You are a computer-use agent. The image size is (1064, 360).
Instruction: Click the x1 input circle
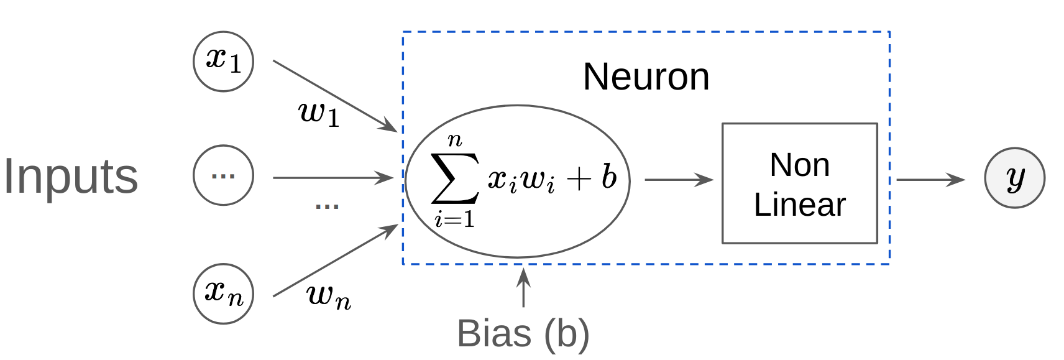tap(223, 62)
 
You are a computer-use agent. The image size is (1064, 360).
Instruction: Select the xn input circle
tap(223, 293)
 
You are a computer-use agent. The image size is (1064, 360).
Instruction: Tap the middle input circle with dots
tap(223, 175)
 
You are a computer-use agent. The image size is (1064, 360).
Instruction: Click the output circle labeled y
tap(1014, 178)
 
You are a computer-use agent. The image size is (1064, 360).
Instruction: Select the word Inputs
tap(70, 177)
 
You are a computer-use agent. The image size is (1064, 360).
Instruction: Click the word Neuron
tap(646, 77)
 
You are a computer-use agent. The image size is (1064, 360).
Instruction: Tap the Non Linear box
tap(799, 183)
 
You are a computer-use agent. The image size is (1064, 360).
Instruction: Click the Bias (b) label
tap(523, 333)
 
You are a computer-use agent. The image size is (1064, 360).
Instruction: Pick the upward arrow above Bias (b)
tap(523, 287)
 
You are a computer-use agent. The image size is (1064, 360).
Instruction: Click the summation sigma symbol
tap(455, 178)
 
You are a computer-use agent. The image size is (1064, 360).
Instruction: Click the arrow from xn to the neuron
tap(336, 260)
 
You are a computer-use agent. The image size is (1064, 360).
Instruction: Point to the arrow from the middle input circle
tap(332, 178)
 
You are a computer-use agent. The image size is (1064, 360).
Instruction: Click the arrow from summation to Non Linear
tap(678, 180)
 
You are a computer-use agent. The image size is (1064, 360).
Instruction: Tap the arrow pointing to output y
tap(930, 180)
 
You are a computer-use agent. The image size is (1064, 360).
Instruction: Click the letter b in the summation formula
tap(608, 177)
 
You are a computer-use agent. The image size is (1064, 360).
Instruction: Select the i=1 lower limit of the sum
tap(454, 219)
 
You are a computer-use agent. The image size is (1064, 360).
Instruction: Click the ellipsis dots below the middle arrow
tap(327, 206)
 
